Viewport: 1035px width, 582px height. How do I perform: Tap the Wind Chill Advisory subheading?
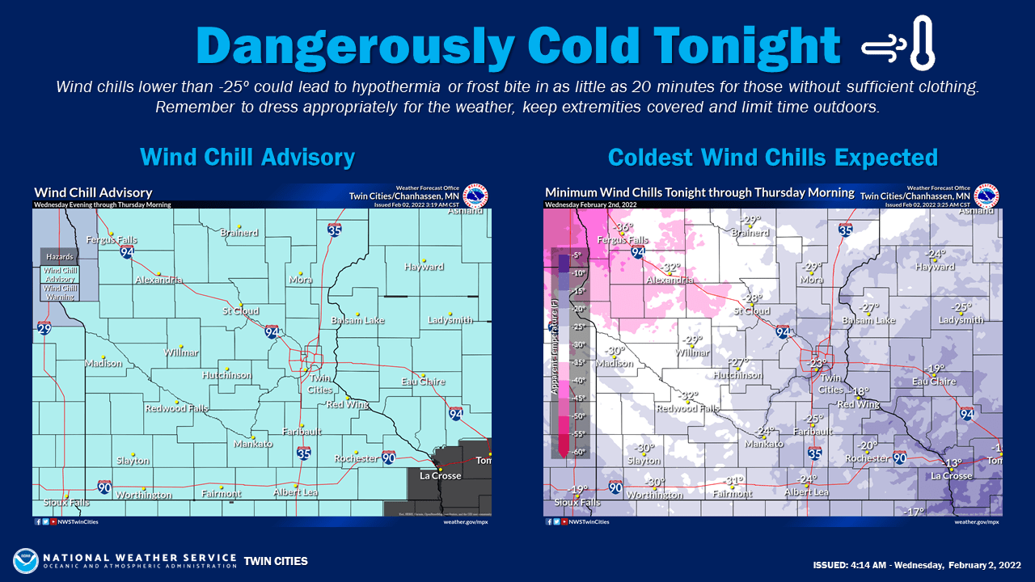(247, 156)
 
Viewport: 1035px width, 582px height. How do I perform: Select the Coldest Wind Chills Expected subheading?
(772, 156)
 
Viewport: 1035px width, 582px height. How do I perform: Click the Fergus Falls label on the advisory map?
(112, 240)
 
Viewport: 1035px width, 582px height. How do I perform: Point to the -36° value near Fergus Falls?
(621, 229)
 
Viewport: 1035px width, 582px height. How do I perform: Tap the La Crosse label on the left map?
(441, 476)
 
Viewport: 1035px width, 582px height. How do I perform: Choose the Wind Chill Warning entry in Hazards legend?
(61, 292)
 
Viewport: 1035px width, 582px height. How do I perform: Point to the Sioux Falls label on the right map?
(577, 502)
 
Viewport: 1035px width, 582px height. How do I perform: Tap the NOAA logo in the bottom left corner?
(25, 561)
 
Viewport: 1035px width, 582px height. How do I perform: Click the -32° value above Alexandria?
(671, 268)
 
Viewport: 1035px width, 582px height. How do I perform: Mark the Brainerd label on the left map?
(239, 233)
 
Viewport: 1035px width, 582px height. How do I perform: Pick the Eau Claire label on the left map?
(423, 382)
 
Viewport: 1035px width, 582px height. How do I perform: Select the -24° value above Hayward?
(936, 254)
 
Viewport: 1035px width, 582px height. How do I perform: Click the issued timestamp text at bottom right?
(916, 563)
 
